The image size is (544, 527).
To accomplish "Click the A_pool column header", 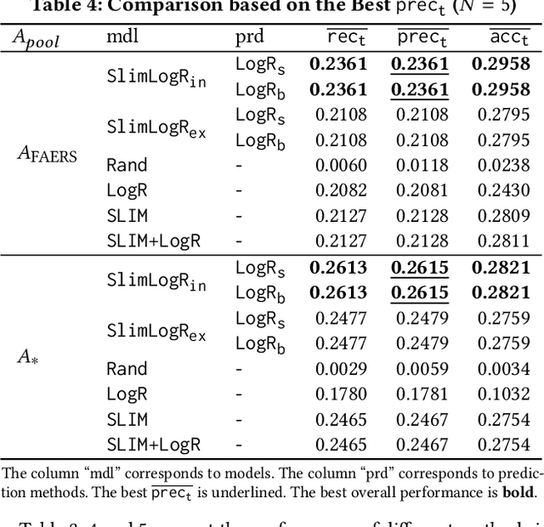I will [36, 39].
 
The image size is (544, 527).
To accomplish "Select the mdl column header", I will [123, 37].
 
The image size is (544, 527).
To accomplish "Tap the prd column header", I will [249, 38].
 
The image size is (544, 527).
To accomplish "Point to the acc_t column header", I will [510, 38].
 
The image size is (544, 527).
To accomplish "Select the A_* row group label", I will [29, 356].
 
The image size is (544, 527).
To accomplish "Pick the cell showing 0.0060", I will [341, 165].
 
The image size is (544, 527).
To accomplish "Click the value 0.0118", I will [422, 165].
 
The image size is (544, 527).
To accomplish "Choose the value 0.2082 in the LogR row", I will [341, 190].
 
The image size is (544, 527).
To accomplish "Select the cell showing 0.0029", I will [341, 369].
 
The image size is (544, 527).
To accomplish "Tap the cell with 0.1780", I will [341, 394].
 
